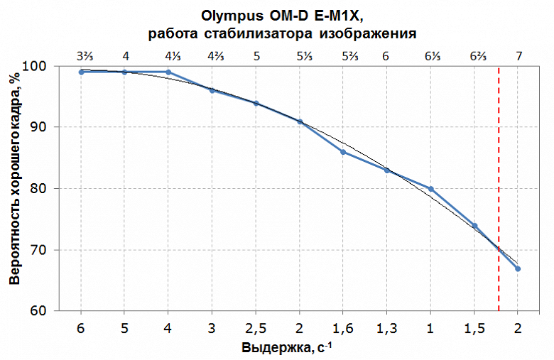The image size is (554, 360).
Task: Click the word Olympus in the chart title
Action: coord(234,16)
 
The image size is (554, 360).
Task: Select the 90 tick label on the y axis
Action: coord(59,127)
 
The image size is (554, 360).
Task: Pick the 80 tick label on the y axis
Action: coord(59,189)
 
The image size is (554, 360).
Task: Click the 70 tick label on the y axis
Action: coord(59,250)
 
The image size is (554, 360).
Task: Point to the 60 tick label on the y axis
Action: coord(59,311)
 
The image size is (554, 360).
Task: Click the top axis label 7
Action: coord(518,55)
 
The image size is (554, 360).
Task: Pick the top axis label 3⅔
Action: coord(82,55)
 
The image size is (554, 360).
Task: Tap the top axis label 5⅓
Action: coord(300,55)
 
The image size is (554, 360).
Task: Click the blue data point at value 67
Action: coord(518,268)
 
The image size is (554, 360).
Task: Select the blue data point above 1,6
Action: coord(343,152)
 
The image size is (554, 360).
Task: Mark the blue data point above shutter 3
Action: coord(212,90)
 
